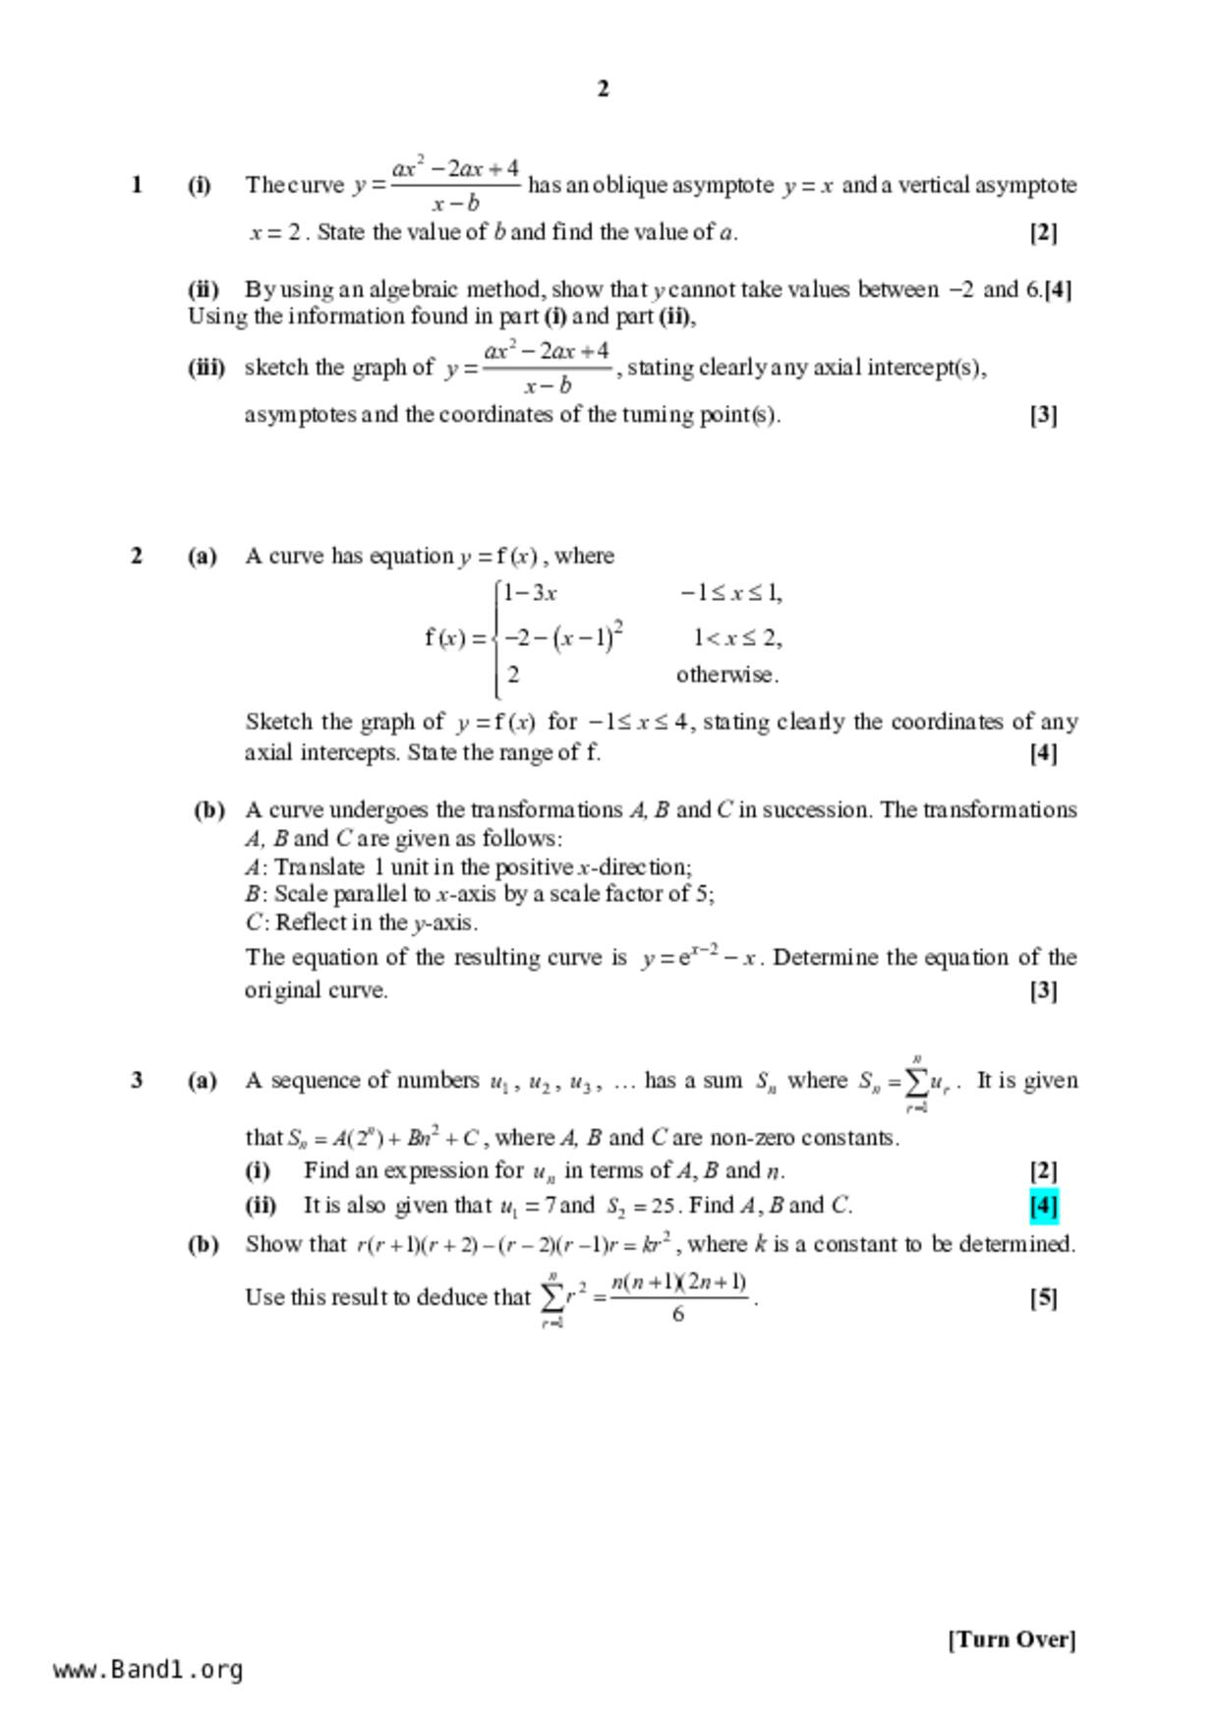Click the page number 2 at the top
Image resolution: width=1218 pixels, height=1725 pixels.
pos(603,89)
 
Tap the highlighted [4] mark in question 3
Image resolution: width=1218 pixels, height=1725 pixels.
pos(1043,1205)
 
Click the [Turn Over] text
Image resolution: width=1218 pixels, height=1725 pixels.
pos(1012,1639)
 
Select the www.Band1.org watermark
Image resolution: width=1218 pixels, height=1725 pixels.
pos(147,1670)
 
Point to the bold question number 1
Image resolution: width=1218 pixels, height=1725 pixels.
pos(137,184)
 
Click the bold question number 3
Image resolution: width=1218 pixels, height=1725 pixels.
pos(137,1080)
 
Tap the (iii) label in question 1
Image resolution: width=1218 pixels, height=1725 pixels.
pos(205,368)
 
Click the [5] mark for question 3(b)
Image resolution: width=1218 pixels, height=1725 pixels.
pos(1043,1298)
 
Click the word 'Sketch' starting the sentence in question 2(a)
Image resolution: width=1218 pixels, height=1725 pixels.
pos(278,722)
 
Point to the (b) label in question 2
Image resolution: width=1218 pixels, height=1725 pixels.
pos(208,810)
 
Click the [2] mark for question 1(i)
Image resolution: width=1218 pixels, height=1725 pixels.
pos(1043,233)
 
